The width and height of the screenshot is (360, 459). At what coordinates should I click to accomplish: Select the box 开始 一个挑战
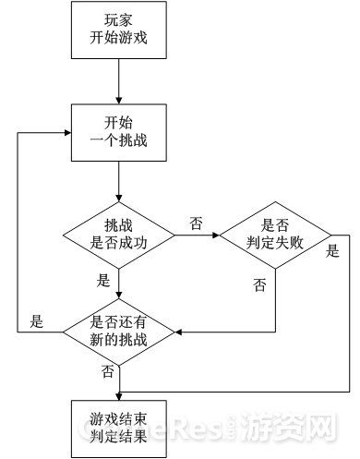coord(120,132)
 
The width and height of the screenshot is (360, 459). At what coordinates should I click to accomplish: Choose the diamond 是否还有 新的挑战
coord(119,331)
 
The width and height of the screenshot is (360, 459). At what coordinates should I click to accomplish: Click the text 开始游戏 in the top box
coord(120,41)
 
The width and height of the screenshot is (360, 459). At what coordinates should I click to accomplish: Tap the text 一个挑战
coord(120,141)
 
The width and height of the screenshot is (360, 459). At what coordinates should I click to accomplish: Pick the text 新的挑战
coord(119,340)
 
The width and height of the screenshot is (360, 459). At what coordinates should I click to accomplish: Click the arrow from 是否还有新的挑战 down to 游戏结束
coord(119,379)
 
